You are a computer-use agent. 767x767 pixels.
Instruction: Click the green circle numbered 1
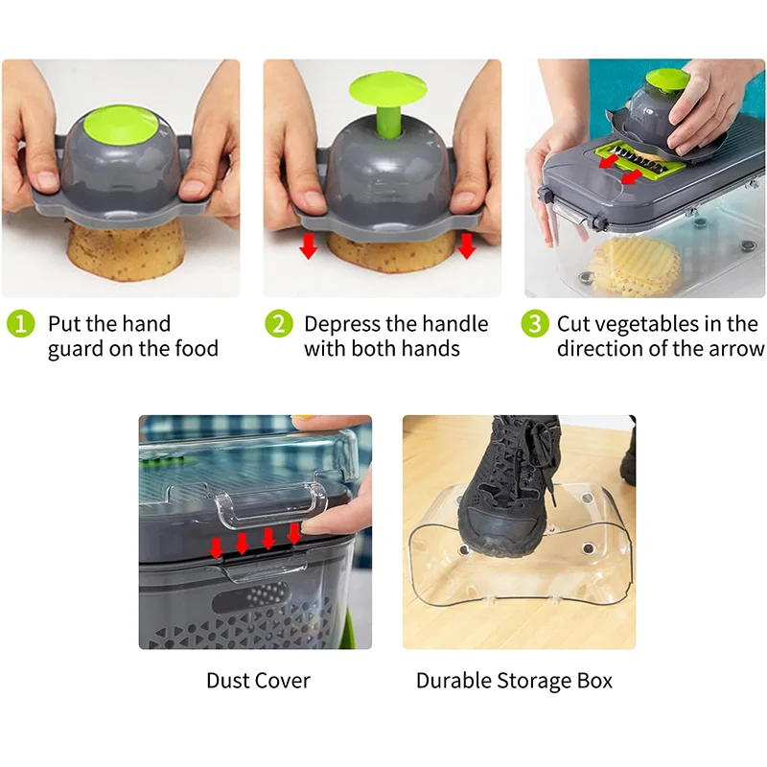20,324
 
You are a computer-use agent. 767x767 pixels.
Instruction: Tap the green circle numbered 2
278,324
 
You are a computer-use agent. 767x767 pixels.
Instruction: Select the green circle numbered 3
535,324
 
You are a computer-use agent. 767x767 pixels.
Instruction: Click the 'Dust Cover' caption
258,682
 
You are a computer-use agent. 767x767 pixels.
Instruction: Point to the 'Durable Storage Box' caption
514,682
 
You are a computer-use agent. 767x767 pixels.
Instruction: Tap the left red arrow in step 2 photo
308,247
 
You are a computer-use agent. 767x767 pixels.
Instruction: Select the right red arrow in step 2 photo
466,247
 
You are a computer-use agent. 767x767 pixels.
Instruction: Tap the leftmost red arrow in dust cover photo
217,546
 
